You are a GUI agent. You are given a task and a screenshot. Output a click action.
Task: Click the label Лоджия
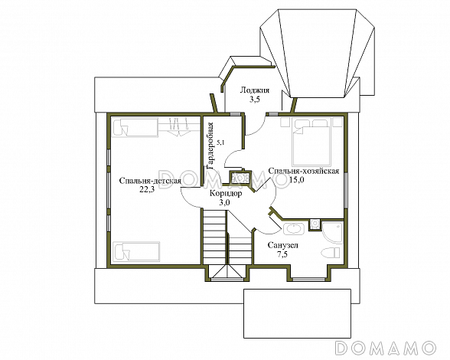pyautogui.click(x=255, y=90)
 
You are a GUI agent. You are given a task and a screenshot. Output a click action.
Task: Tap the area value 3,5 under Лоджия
pyautogui.click(x=254, y=100)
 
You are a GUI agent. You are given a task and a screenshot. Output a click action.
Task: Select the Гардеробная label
pyautogui.click(x=210, y=146)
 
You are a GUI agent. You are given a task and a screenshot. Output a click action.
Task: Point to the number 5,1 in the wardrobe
pyautogui.click(x=220, y=142)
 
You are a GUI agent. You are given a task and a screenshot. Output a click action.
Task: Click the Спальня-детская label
pyautogui.click(x=150, y=181)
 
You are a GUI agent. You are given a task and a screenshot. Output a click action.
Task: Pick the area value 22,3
pyautogui.click(x=147, y=190)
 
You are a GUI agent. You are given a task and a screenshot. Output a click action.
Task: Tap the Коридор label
pyautogui.click(x=226, y=193)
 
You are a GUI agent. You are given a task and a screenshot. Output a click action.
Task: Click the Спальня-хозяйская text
pyautogui.click(x=304, y=171)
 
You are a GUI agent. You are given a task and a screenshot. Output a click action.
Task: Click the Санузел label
pyautogui.click(x=283, y=245)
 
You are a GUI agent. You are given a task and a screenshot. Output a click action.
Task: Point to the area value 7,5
pyautogui.click(x=282, y=254)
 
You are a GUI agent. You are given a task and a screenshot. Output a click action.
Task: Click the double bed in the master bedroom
pyautogui.click(x=312, y=142)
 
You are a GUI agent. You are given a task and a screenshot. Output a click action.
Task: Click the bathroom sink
pyautogui.click(x=293, y=229)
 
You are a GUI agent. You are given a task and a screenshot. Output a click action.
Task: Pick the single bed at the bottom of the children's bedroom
pyautogui.click(x=136, y=251)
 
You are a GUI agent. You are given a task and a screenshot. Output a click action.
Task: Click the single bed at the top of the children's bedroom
pyautogui.click(x=135, y=128)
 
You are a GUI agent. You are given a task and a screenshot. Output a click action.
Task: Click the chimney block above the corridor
pyautogui.click(x=240, y=178)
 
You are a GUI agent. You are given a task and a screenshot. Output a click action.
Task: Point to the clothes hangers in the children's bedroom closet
pyautogui.click(x=180, y=126)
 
